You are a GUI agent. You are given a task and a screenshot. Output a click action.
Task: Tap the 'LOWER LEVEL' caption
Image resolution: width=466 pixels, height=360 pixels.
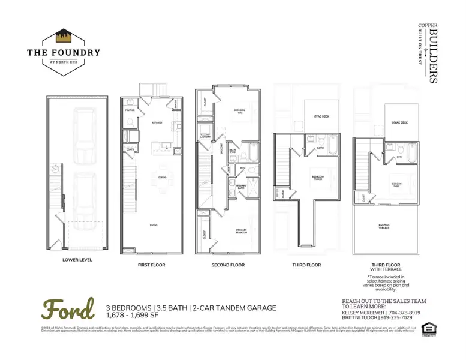coord(76,260)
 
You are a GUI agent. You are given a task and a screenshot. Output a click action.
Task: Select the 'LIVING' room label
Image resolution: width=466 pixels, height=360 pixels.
coord(154,225)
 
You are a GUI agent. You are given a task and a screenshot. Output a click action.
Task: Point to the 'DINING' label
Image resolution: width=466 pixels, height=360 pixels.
coord(162,176)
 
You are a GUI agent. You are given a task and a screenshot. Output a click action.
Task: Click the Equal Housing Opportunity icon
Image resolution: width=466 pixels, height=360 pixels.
coord(428,328)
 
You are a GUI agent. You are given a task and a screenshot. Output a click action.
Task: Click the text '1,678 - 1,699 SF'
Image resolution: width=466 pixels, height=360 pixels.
coord(136,315)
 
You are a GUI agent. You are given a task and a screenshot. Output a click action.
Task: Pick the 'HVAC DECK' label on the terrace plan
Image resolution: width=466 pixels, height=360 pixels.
coord(400,122)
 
